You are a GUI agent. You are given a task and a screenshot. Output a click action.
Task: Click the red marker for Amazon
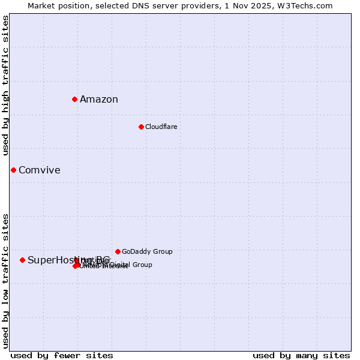pos(74,99)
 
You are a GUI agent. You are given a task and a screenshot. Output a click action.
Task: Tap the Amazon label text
pos(99,100)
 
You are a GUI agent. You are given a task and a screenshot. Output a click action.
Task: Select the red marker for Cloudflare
pos(141,127)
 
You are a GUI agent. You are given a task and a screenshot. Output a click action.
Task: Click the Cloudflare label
pos(161,127)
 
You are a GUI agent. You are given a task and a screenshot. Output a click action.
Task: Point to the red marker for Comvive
pos(13,170)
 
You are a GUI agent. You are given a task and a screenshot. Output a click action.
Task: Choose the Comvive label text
pos(40,170)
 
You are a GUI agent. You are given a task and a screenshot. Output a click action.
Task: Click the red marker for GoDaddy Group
pos(118,251)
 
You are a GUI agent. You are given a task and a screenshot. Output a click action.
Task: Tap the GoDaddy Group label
pos(147,251)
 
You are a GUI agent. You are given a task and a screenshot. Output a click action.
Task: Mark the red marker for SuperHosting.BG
pos(22,260)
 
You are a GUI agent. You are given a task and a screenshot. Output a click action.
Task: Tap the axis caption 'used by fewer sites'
pos(62,355)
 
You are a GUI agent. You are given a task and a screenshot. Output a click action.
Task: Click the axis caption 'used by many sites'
pos(301,355)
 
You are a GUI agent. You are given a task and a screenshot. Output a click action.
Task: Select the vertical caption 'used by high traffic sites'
pos(6,85)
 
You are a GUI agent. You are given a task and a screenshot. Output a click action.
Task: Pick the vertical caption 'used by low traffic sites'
pos(6,280)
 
